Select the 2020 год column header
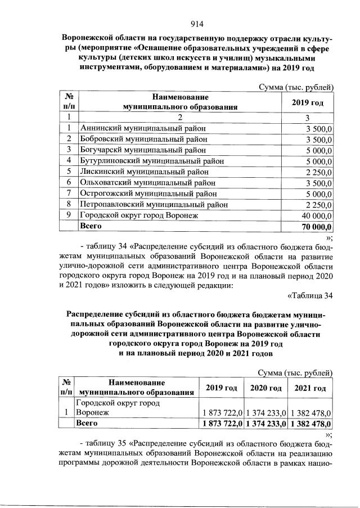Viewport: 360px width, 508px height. coord(265,388)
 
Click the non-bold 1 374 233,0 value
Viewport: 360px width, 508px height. coord(265,413)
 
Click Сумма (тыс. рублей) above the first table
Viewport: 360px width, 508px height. coord(296,87)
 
